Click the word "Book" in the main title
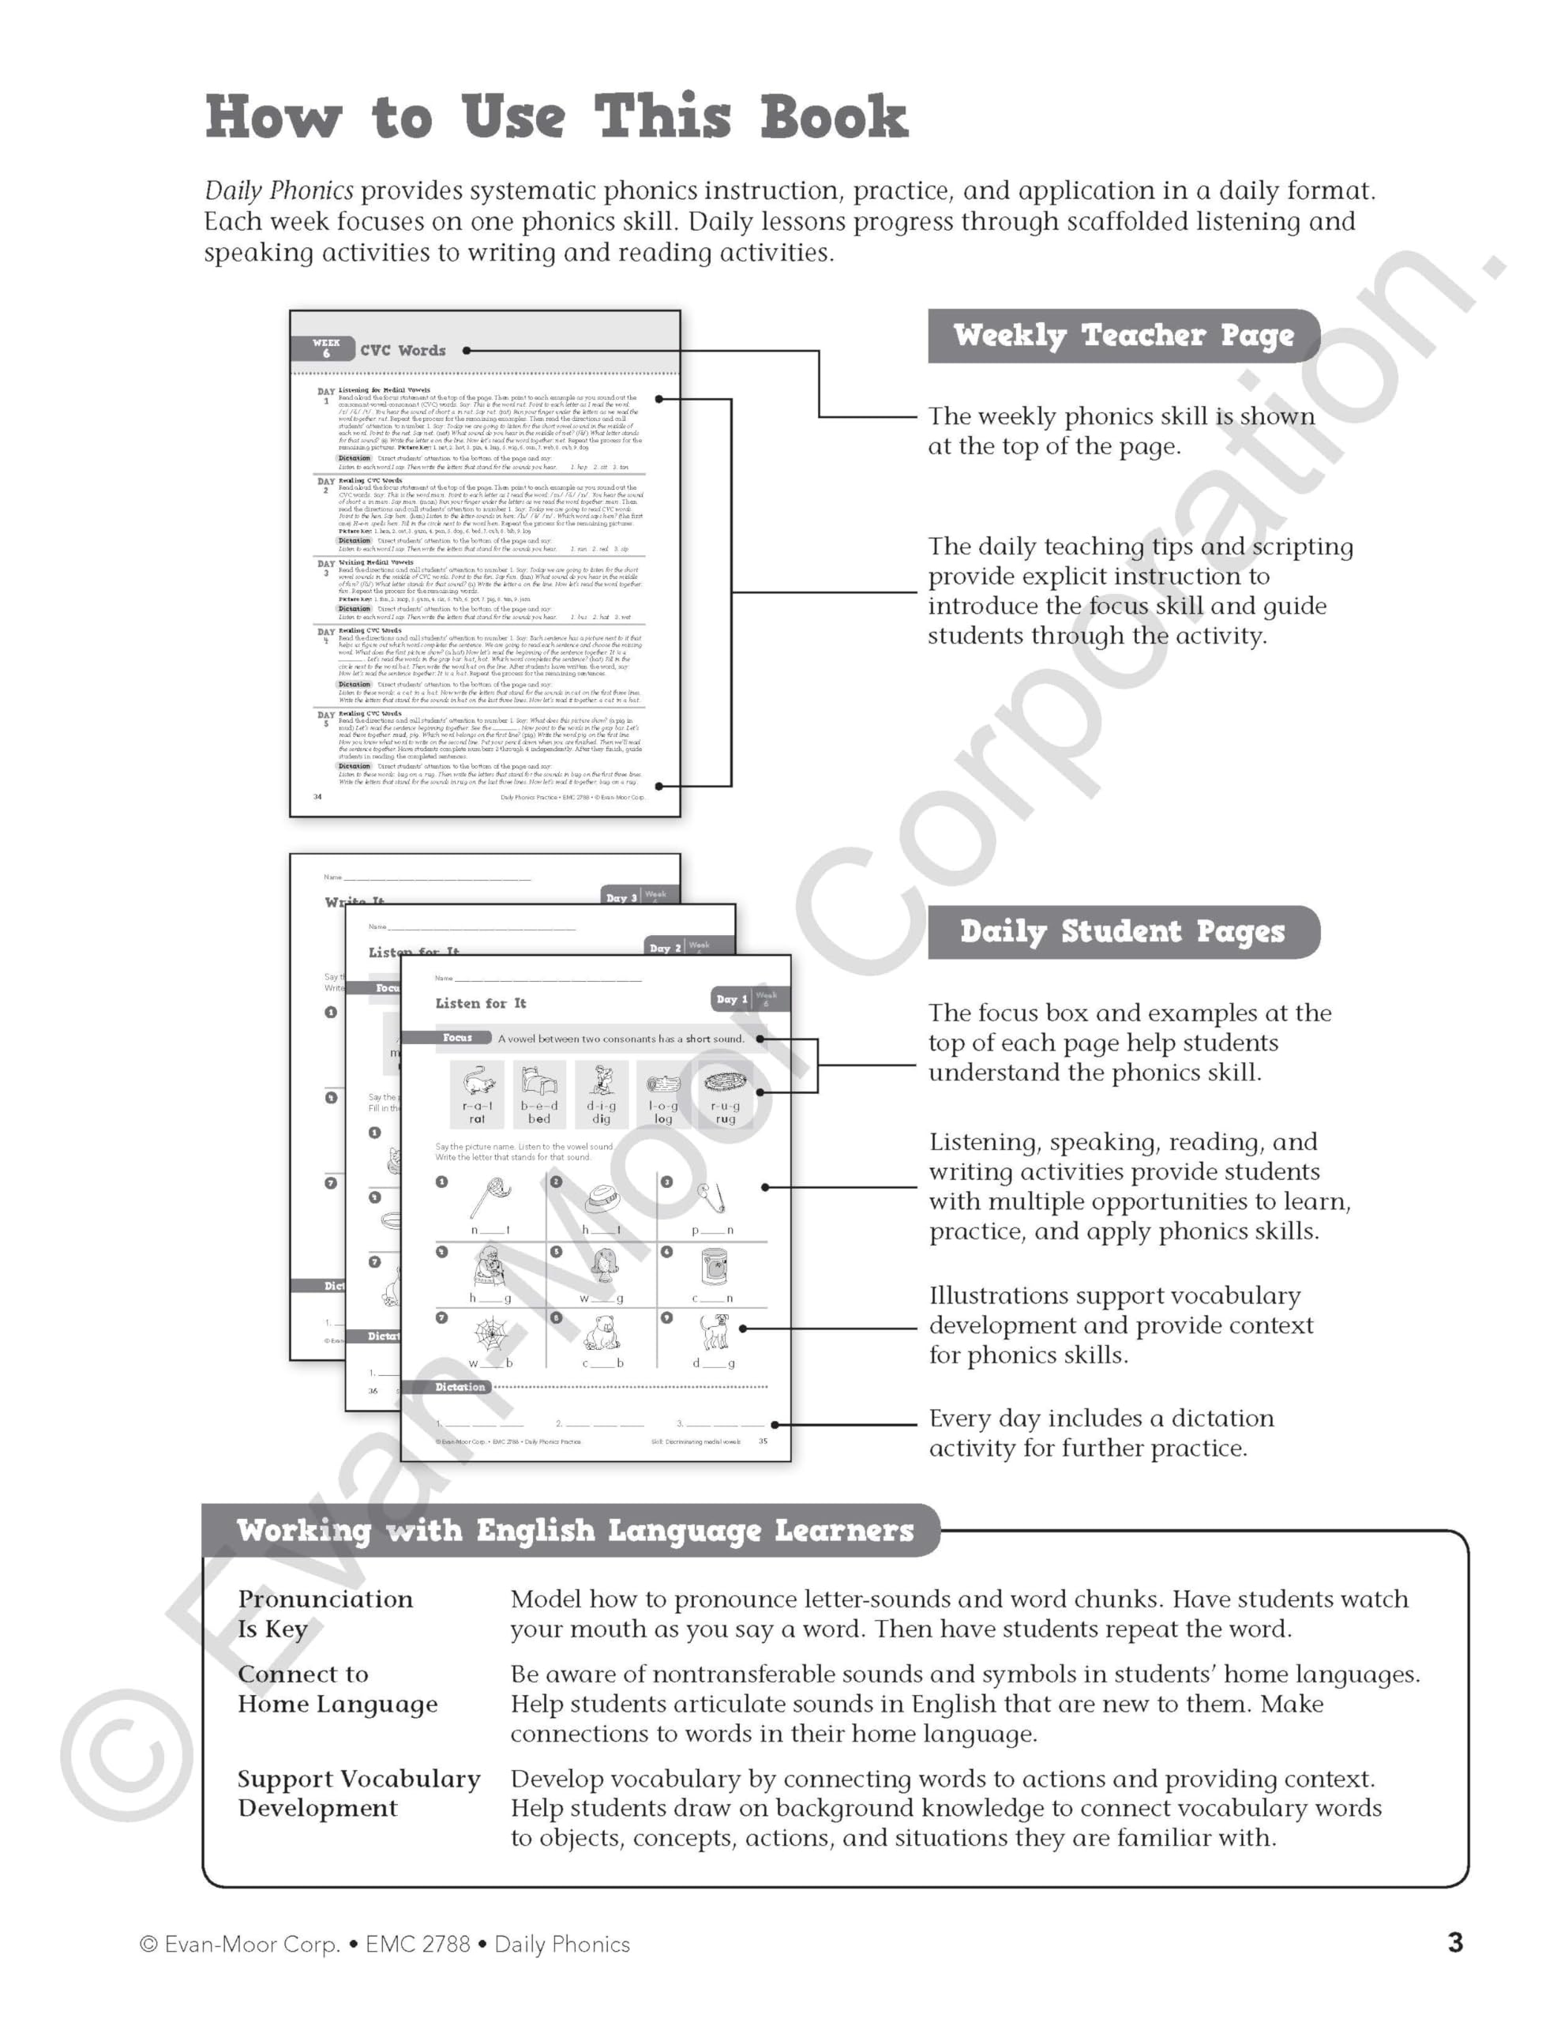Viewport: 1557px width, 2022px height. pyautogui.click(x=833, y=118)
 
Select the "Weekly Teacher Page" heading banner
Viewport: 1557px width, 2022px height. pyautogui.click(x=1123, y=335)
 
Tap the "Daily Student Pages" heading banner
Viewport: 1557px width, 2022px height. pyautogui.click(x=1122, y=931)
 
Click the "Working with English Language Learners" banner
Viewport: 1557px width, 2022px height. pyautogui.click(x=574, y=1531)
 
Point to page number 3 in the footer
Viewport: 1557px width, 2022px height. pyautogui.click(x=1455, y=1942)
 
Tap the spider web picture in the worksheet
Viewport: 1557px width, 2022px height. pyautogui.click(x=490, y=1334)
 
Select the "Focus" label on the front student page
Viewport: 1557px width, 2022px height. pyautogui.click(x=457, y=1038)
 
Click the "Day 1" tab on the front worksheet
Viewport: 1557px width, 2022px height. pyautogui.click(x=731, y=999)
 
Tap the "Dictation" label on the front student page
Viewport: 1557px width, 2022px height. pyautogui.click(x=460, y=1387)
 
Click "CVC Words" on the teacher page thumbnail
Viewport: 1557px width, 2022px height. pyautogui.click(x=403, y=351)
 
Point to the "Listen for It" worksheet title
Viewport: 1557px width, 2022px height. pyautogui.click(x=480, y=1002)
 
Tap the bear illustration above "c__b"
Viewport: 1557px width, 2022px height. pyautogui.click(x=602, y=1334)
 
